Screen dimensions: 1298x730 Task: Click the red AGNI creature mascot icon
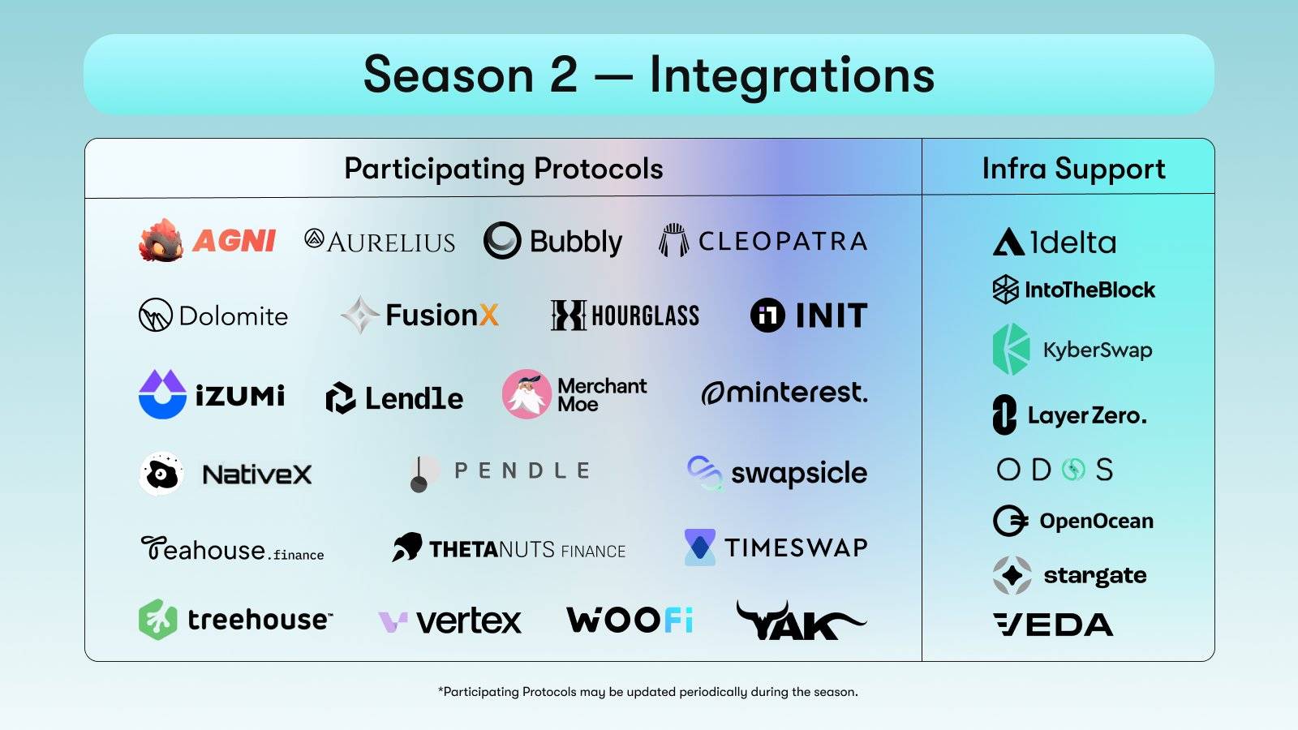pyautogui.click(x=161, y=240)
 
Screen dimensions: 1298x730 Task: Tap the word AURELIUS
pyautogui.click(x=391, y=243)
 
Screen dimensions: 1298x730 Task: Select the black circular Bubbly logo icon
pyautogui.click(x=502, y=240)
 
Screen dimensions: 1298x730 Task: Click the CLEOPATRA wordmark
pyautogui.click(x=783, y=241)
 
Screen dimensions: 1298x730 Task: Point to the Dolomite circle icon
pyautogui.click(x=155, y=316)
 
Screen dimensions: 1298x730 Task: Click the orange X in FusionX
pyautogui.click(x=489, y=316)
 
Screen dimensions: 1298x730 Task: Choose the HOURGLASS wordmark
pyautogui.click(x=645, y=316)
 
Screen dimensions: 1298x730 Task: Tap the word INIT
pyautogui.click(x=832, y=316)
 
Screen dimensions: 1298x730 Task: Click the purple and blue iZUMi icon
pyautogui.click(x=163, y=394)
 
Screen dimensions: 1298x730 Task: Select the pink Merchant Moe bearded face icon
pyautogui.click(x=527, y=394)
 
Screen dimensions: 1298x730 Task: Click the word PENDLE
pyautogui.click(x=522, y=470)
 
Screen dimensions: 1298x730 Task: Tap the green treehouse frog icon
pyautogui.click(x=158, y=620)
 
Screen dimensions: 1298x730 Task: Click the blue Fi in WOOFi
pyautogui.click(x=678, y=620)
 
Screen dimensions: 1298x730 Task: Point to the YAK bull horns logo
pyautogui.click(x=801, y=620)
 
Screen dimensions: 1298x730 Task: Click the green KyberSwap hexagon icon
pyautogui.click(x=1011, y=350)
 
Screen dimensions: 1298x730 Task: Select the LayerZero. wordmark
pyautogui.click(x=1087, y=415)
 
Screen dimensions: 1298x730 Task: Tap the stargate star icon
pyautogui.click(x=1012, y=575)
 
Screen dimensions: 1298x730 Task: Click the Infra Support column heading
pyautogui.click(x=1074, y=169)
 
